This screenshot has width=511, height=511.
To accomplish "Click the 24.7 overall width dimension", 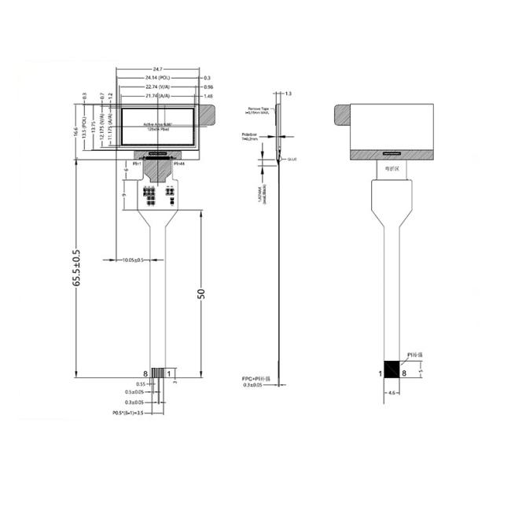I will pos(157,70).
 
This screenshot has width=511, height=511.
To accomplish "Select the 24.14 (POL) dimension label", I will pos(157,79).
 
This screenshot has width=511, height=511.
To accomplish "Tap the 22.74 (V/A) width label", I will pos(157,87).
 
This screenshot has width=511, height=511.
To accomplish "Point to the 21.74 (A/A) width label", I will pos(157,96).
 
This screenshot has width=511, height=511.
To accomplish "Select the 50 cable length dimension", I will pos(201,292).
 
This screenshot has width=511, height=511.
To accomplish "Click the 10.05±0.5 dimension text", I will pos(127,259).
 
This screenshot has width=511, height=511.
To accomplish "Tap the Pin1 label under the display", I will pos(135,164).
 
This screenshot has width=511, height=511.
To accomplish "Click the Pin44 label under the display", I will pos(178,164).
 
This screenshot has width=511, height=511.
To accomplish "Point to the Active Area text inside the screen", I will pos(158,124).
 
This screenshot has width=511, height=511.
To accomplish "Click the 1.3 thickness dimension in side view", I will pos(288,94).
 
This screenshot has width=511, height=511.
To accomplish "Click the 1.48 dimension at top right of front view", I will pos(208,96).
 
